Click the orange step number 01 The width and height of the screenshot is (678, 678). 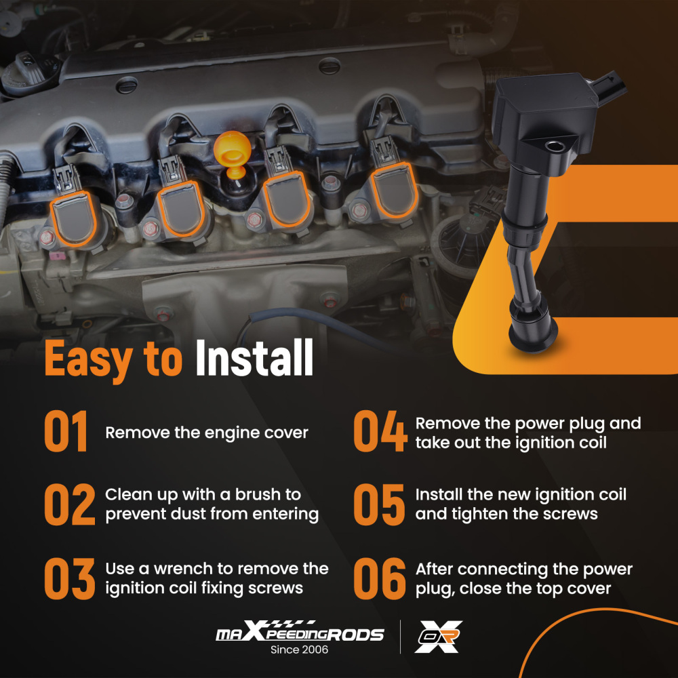tap(66, 431)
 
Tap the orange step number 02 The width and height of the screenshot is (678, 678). tap(70, 504)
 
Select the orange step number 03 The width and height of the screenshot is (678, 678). tap(70, 578)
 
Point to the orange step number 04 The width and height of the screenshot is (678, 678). tap(380, 431)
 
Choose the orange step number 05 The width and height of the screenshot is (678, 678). tap(379, 504)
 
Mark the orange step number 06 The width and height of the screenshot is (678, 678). tap(380, 578)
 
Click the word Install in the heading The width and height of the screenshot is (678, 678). tap(254, 357)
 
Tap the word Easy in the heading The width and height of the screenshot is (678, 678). tap(89, 361)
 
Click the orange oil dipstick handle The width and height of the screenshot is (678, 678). tap(232, 153)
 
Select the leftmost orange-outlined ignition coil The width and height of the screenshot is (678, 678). tap(73, 219)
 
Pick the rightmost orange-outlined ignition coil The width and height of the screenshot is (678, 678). tap(394, 191)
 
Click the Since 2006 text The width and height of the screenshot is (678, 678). tap(299, 650)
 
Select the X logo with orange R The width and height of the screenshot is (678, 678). tap(438, 637)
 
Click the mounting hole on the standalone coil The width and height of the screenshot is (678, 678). tap(555, 146)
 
